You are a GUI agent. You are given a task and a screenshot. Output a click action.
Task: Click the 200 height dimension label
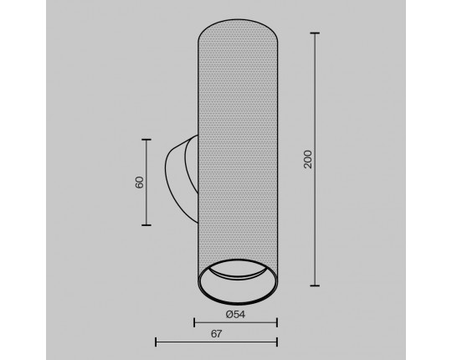[308, 159]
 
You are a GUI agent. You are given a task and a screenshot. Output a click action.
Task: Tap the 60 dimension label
[139, 183]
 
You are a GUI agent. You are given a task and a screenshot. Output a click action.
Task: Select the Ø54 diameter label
[235, 315]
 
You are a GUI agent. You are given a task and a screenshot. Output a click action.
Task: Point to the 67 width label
[216, 334]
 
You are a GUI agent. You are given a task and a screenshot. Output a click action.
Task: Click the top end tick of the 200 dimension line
[315, 33]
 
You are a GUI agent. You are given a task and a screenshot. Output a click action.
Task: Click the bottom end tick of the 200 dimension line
[315, 285]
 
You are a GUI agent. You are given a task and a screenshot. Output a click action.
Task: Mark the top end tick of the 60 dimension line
[146, 140]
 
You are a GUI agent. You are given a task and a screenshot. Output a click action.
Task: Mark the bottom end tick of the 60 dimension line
[146, 225]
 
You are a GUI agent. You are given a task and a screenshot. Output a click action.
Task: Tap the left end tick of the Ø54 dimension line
[194, 322]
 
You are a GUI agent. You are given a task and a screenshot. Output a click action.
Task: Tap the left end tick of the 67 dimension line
[156, 342]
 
